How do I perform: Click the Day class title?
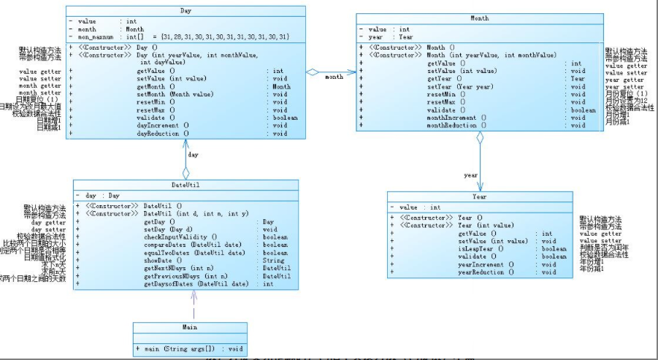pos(185,11)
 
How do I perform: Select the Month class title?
pos(479,18)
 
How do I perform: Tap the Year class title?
pos(480,196)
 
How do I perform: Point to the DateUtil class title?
pos(185,185)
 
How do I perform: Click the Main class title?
pos(191,328)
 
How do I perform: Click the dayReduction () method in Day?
pos(163,133)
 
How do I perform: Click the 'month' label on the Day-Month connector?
pos(334,77)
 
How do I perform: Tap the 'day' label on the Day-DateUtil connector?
pos(193,155)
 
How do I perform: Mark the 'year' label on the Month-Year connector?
pos(470,175)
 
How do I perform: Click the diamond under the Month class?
pos(480,138)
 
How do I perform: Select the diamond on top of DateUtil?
pos(185,172)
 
